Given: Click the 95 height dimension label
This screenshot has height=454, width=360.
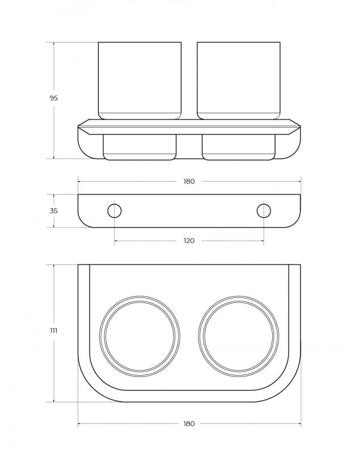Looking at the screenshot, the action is point(53,98).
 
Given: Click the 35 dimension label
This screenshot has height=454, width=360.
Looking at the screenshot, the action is point(53,211).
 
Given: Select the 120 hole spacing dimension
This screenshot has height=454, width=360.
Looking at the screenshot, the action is point(189,241).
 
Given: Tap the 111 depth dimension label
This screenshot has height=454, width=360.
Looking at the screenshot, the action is point(53,330).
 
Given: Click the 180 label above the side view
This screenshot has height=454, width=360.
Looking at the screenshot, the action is point(189,182).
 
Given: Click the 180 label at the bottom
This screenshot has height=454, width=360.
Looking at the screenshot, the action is point(189,424).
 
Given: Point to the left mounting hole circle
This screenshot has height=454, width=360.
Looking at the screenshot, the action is point(114,211).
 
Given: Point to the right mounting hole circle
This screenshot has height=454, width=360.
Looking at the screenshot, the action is point(264,211).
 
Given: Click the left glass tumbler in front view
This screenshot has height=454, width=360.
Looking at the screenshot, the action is point(139,81).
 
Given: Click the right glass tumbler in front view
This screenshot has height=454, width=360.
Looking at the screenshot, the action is point(239,81).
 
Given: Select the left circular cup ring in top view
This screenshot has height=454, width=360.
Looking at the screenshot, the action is point(139,337).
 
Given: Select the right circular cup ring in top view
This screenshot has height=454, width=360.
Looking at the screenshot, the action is point(239,337).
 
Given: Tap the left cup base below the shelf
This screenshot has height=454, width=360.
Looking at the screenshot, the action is point(139,147).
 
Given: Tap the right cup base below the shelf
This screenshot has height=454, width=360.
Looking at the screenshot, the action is point(239,147).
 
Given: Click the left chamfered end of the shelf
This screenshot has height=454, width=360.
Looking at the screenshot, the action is point(84,127).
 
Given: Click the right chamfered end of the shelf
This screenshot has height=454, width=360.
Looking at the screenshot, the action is point(294,127).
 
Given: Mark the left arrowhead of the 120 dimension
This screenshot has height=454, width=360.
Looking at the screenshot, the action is point(116,241).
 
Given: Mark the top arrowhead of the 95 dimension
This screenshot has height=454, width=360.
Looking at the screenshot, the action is point(54,44).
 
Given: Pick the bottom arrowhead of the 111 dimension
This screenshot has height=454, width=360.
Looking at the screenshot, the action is point(54,400).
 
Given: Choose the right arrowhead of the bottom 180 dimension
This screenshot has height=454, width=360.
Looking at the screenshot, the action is point(299,424).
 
